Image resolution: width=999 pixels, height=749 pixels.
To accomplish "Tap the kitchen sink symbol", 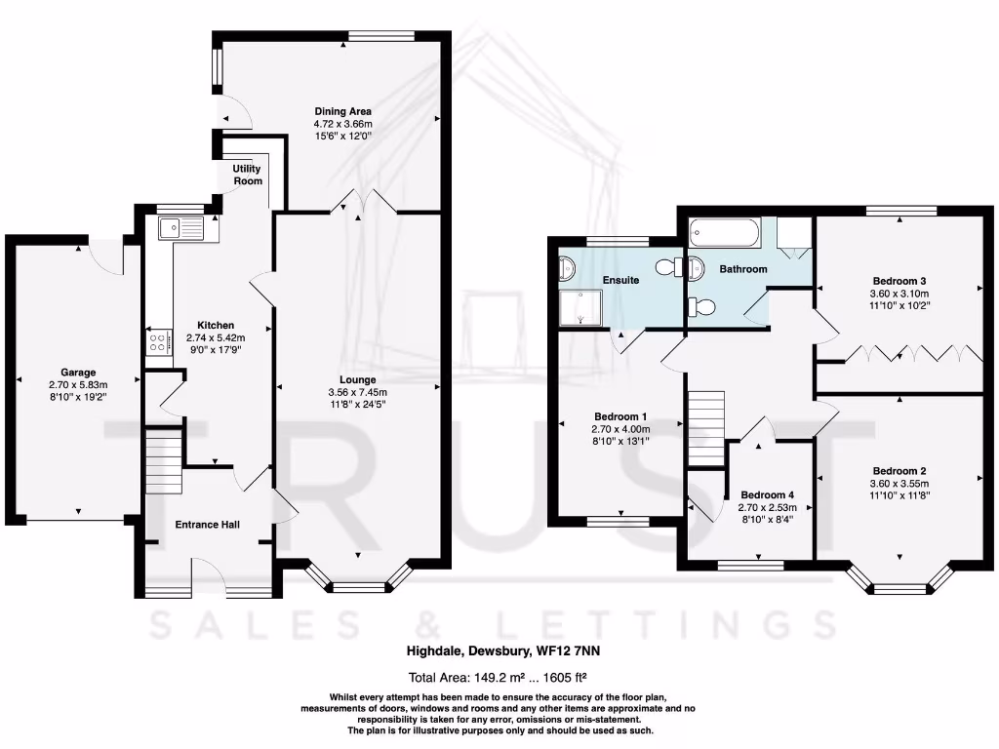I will [x=181, y=228].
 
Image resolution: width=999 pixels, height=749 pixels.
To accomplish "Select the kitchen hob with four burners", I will [x=157, y=342].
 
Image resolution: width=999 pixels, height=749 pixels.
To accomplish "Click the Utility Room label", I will [x=247, y=175].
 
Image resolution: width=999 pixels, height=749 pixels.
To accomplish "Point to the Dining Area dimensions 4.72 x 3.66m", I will [x=342, y=124].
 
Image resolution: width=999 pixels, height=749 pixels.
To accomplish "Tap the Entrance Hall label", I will [x=208, y=525].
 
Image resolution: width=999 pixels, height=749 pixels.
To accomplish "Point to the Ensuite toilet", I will [x=669, y=267].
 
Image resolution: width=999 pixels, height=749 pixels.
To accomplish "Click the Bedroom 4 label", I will [x=768, y=494].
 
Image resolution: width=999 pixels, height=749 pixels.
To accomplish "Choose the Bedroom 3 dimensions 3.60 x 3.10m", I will [x=899, y=293].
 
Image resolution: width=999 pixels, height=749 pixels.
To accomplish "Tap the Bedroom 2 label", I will [x=899, y=470].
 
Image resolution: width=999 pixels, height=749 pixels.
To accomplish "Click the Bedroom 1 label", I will [x=620, y=415].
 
